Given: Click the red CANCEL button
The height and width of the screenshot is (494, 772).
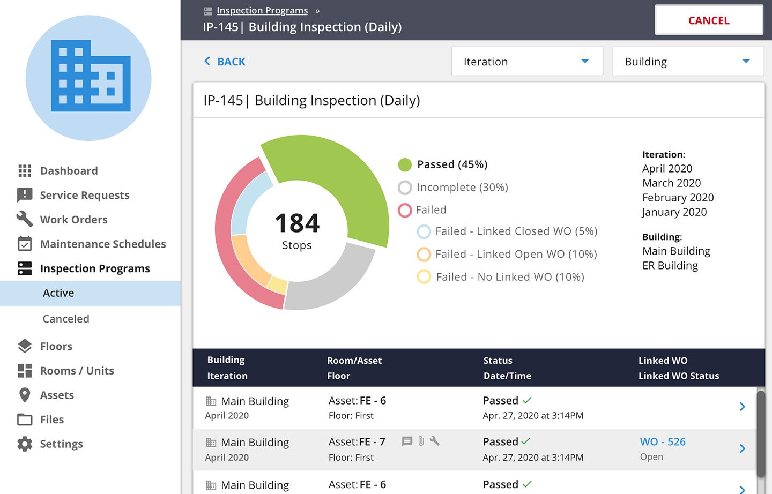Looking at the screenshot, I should pyautogui.click(x=708, y=20).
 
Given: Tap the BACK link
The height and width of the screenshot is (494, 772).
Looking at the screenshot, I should pyautogui.click(x=225, y=62).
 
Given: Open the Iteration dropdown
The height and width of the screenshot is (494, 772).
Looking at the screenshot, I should pyautogui.click(x=527, y=62).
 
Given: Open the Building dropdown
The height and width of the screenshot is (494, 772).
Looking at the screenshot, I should pyautogui.click(x=688, y=62).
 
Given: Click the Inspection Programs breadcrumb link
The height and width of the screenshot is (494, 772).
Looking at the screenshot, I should pyautogui.click(x=262, y=11).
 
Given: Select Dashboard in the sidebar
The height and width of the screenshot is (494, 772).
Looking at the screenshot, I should pyautogui.click(x=69, y=171).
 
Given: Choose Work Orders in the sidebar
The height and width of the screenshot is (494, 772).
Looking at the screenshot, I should pyautogui.click(x=73, y=220).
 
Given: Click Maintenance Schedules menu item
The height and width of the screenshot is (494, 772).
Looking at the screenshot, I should pyautogui.click(x=103, y=244).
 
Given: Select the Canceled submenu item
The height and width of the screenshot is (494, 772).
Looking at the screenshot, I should pyautogui.click(x=66, y=319).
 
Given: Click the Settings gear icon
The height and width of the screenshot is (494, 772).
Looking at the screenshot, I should pyautogui.click(x=25, y=444).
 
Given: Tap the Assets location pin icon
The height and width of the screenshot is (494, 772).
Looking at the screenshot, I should pyautogui.click(x=25, y=395).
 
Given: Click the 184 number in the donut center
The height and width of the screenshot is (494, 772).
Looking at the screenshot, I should pyautogui.click(x=297, y=223).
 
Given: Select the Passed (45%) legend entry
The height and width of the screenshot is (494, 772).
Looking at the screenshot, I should pyautogui.click(x=452, y=164).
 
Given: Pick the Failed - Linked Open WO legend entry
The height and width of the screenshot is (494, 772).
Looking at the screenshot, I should pyautogui.click(x=516, y=254).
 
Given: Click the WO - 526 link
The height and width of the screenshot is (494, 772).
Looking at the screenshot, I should pyautogui.click(x=663, y=442).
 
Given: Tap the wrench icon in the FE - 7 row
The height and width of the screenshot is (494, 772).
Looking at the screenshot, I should pyautogui.click(x=435, y=441).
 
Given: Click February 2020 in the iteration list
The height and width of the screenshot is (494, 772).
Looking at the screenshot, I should pyautogui.click(x=678, y=198).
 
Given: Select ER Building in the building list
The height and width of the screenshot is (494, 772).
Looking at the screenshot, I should pyautogui.click(x=670, y=266).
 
